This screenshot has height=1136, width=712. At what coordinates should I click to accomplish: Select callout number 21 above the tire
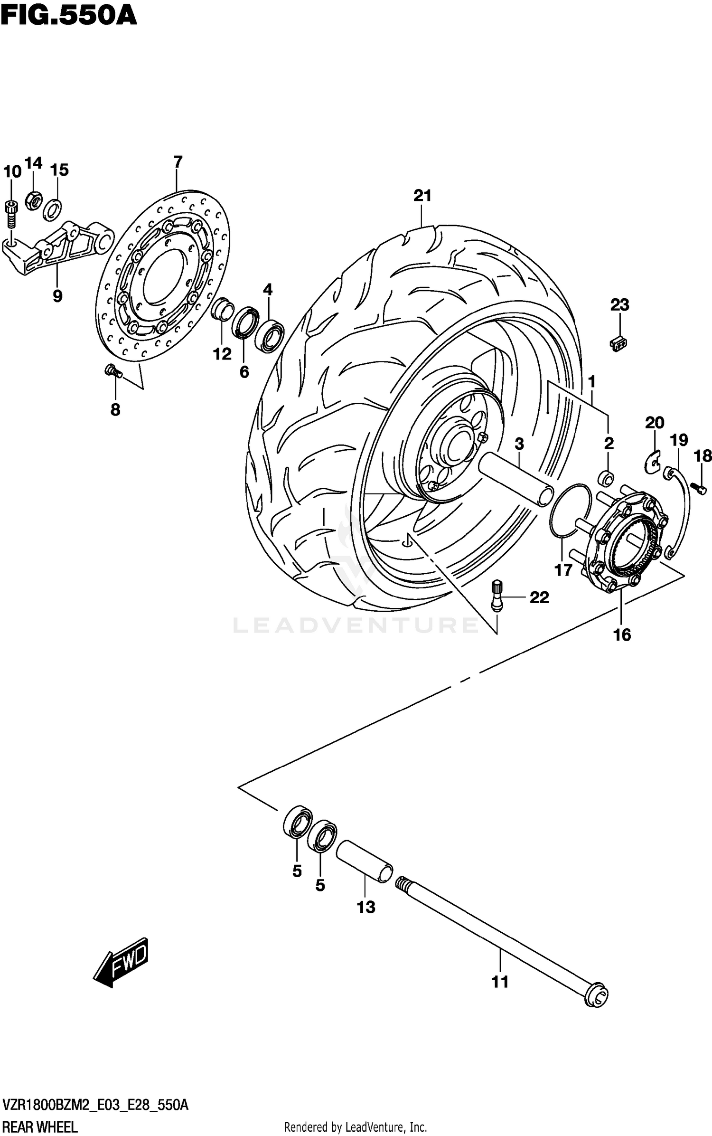(422, 195)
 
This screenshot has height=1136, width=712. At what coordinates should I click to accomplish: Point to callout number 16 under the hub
(622, 634)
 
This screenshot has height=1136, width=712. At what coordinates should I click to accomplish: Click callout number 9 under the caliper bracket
(57, 296)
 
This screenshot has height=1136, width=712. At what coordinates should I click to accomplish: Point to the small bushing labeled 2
(607, 478)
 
